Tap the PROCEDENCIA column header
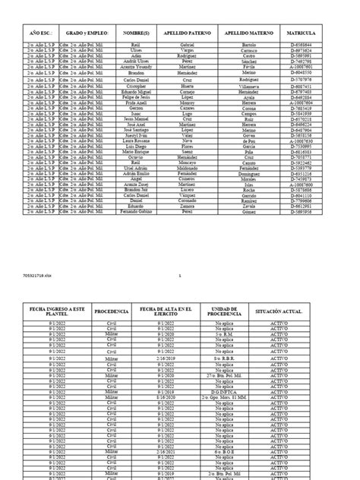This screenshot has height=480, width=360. pos(112,311)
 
